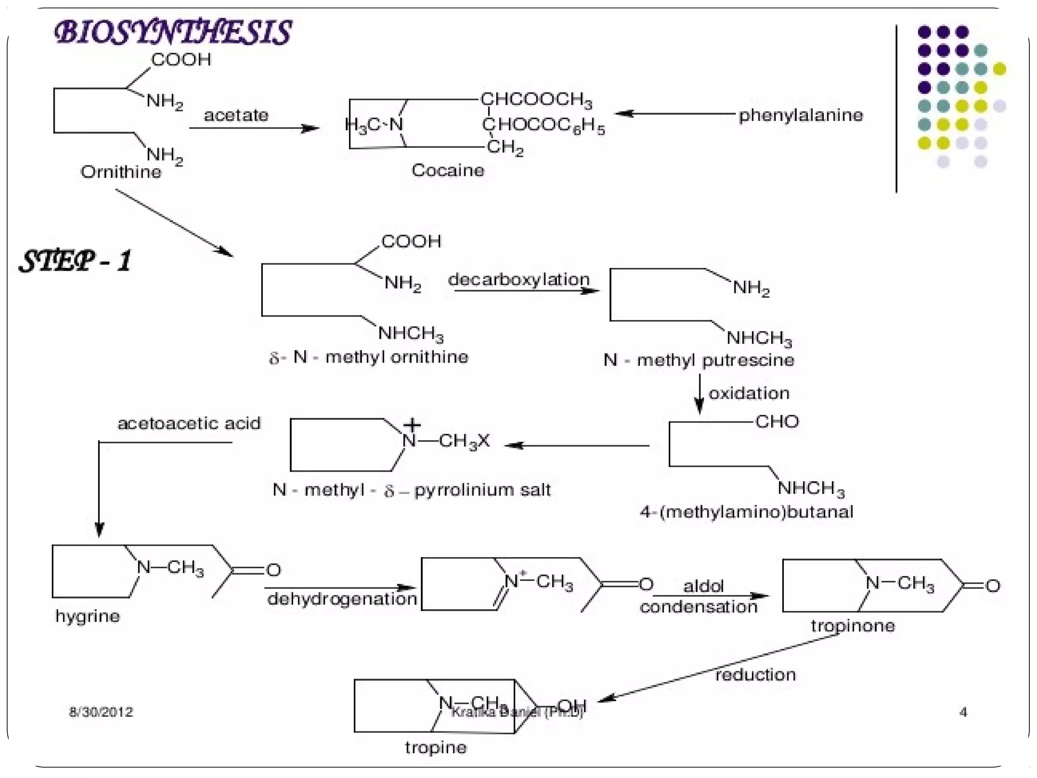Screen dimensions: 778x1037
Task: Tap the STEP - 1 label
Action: pyautogui.click(x=75, y=261)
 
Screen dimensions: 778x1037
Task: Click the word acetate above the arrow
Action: pyautogui.click(x=236, y=115)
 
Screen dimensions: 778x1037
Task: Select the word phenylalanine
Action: pyautogui.click(x=801, y=115)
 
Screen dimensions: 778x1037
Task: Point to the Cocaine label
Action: pyautogui.click(x=448, y=170)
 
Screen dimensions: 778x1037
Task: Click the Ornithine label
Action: pyautogui.click(x=121, y=172)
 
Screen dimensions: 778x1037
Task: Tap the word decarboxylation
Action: pyautogui.click(x=519, y=279)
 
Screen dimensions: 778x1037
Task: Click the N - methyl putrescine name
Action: pyautogui.click(x=699, y=360)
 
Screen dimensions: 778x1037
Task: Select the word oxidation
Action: pyautogui.click(x=749, y=393)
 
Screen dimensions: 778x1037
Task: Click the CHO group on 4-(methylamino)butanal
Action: pyautogui.click(x=777, y=421)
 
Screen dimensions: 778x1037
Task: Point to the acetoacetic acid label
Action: pyautogui.click(x=189, y=423)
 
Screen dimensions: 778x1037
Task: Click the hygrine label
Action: pyautogui.click(x=88, y=616)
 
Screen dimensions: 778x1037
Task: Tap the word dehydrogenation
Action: pyautogui.click(x=342, y=599)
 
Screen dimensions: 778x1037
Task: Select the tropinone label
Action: pyautogui.click(x=853, y=626)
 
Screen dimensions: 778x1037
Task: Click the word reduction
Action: pyautogui.click(x=755, y=675)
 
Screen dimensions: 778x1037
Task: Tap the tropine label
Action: pyautogui.click(x=435, y=748)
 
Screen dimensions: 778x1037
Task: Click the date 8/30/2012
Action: pyautogui.click(x=101, y=712)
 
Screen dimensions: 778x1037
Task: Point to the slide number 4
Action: pyautogui.click(x=963, y=712)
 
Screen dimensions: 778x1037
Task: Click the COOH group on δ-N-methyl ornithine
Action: pyautogui.click(x=411, y=241)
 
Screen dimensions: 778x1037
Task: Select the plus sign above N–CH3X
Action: pyautogui.click(x=412, y=424)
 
